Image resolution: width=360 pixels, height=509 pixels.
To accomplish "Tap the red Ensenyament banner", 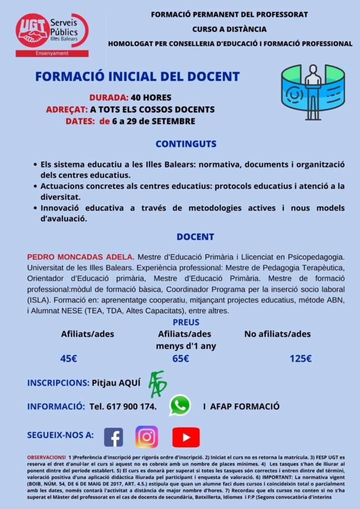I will (x=52, y=53).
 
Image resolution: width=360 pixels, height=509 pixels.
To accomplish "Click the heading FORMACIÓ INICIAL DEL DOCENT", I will (x=137, y=77).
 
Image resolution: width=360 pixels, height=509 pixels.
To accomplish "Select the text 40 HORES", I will (x=151, y=97).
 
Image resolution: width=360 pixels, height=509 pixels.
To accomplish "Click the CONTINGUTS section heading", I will (x=186, y=144).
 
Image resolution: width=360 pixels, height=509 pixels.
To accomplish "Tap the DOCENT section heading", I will (x=195, y=237).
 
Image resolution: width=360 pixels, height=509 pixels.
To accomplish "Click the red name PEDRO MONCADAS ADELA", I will (x=80, y=257).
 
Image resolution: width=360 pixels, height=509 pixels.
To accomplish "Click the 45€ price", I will (x=69, y=358).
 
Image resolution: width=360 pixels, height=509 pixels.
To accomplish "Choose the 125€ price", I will (x=300, y=358).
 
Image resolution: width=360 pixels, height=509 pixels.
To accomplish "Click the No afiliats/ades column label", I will (x=277, y=334).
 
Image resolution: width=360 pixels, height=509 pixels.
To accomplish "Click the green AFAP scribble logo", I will (x=158, y=384).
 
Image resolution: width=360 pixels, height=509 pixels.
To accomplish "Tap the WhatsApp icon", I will (x=180, y=405).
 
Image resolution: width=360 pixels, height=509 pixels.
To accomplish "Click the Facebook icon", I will (x=113, y=437).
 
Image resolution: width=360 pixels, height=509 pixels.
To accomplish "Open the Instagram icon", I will (x=147, y=437).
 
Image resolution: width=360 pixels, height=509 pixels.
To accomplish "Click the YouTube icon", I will (x=185, y=437).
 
